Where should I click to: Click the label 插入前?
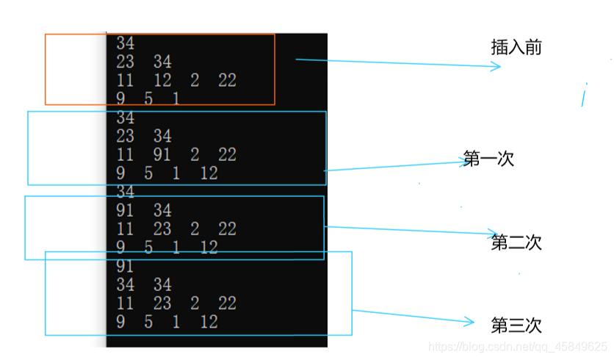516,48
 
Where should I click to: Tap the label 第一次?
488,159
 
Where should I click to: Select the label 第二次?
516,242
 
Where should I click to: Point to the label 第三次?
516,325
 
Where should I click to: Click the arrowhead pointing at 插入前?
496,66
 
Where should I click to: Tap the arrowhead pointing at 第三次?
472,321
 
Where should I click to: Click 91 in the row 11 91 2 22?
163,154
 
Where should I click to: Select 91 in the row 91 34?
125,211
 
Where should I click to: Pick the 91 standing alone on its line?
125,267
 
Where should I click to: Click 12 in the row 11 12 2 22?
163,80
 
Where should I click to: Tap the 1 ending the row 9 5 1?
176,98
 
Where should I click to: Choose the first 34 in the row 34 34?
125,285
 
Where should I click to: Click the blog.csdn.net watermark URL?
517,346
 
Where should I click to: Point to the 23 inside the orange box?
125,62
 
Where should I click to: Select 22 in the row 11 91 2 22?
227,154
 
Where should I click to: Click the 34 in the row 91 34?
162,211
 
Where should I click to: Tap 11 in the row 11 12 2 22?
125,80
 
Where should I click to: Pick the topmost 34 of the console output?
125,44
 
